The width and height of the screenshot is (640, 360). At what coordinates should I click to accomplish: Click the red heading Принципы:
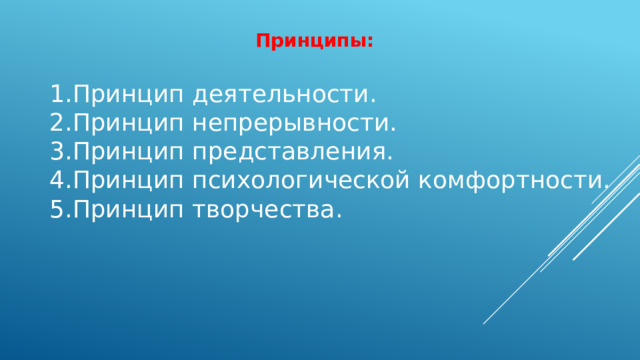tap(314, 42)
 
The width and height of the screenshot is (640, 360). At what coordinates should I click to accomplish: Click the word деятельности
tap(281, 96)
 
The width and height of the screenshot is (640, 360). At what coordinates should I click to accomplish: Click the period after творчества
tap(338, 217)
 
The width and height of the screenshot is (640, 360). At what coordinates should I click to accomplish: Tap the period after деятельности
tap(373, 103)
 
